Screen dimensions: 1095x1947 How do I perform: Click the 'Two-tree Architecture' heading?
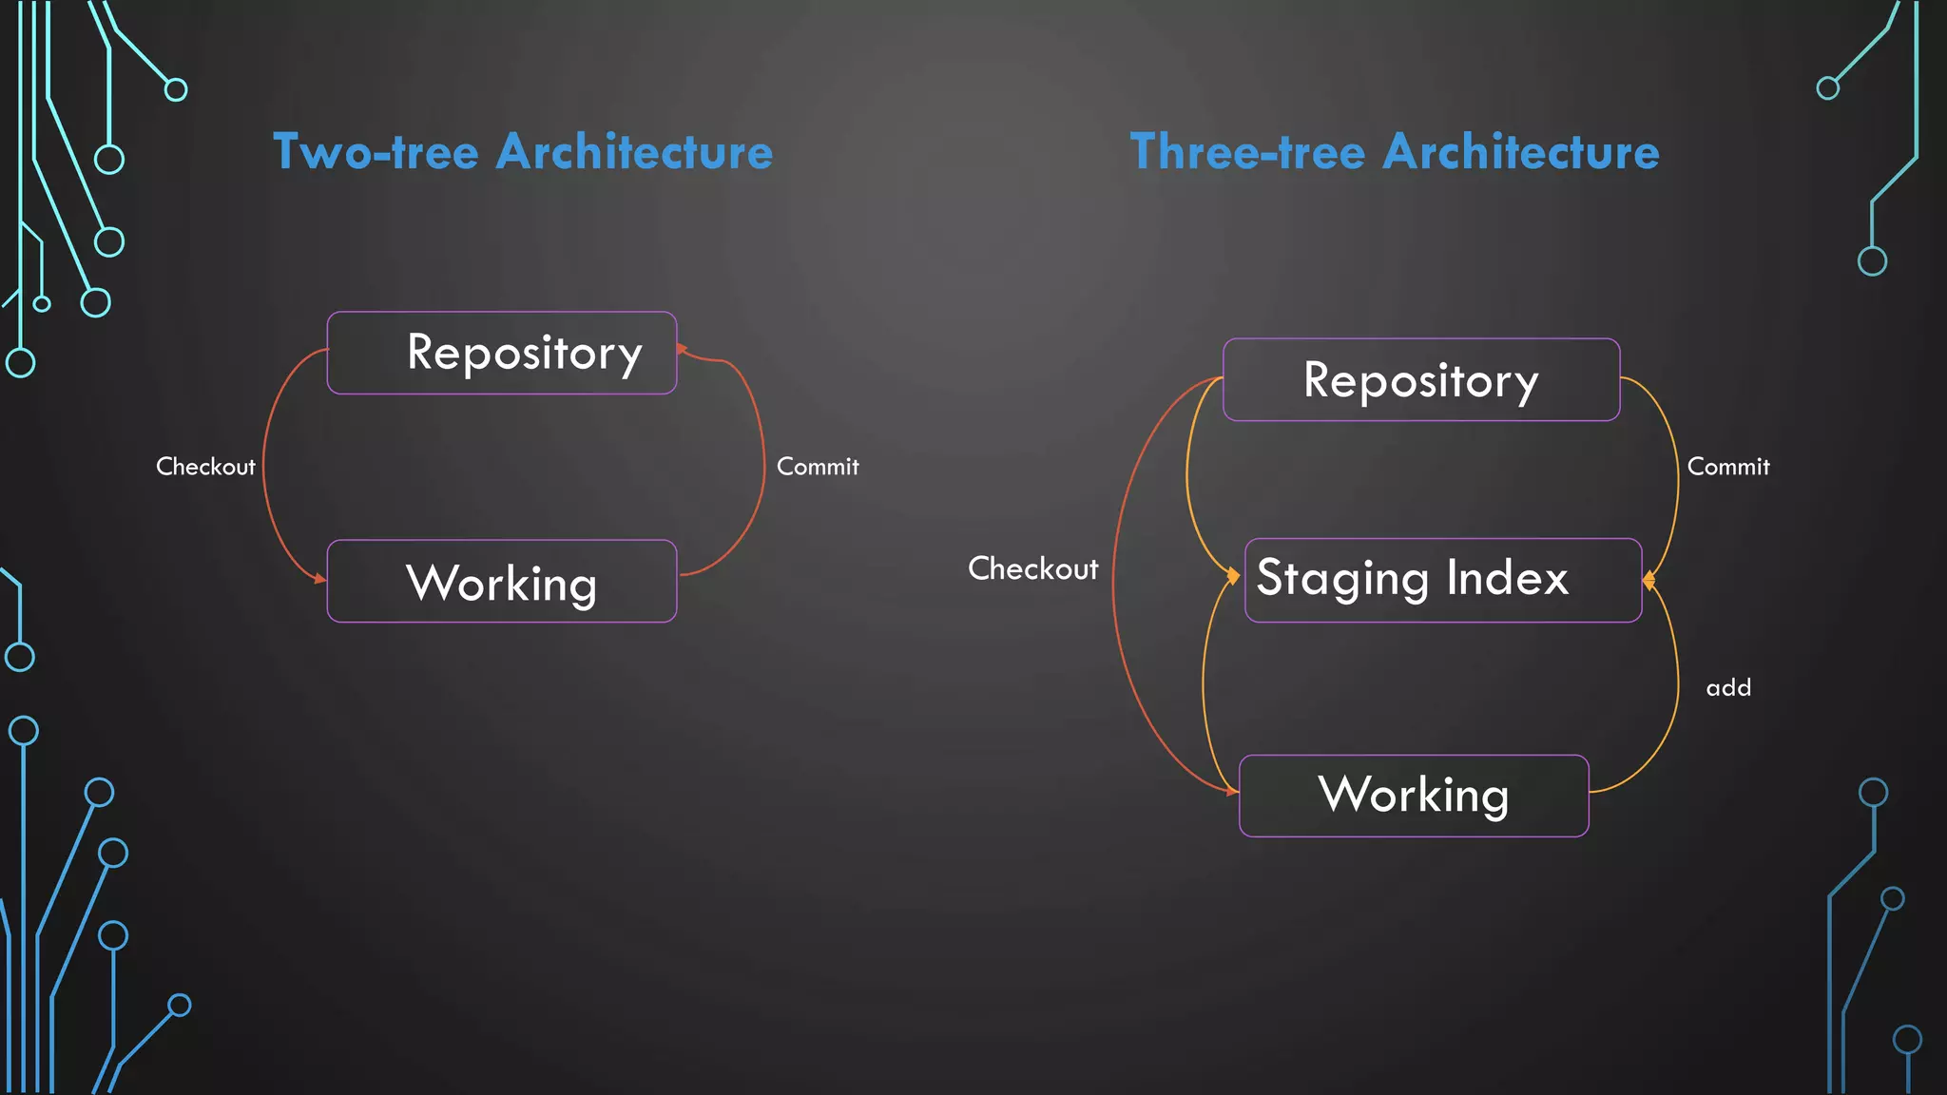pos(523,152)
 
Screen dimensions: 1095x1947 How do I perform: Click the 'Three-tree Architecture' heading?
pos(1395,152)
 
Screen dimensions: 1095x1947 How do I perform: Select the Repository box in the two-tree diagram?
pos(502,353)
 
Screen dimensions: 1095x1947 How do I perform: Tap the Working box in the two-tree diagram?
pos(502,582)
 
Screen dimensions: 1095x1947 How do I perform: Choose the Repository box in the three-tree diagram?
pos(1421,379)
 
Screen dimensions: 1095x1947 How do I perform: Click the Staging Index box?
pos(1443,580)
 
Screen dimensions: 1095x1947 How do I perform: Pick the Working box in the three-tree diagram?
pos(1414,796)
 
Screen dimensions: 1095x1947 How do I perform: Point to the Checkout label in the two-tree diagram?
pos(205,467)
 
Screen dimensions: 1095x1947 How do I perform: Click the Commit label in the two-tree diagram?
pos(818,467)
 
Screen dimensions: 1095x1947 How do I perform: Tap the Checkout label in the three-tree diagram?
pos(1032,568)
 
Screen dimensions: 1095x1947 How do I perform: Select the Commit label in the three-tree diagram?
pos(1728,467)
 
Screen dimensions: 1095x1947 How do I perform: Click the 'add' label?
pos(1728,687)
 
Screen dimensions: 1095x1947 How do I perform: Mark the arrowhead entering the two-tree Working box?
pos(320,578)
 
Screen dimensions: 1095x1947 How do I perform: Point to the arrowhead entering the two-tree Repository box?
pos(682,350)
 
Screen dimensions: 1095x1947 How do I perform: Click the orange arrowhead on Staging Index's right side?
pos(1648,580)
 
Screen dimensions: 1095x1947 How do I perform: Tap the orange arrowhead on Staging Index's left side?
pos(1234,576)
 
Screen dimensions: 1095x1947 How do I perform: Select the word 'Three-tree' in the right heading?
pos(1247,152)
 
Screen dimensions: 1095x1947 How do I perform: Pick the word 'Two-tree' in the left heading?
pos(376,152)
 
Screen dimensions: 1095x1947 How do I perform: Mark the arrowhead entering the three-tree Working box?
pos(1233,791)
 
